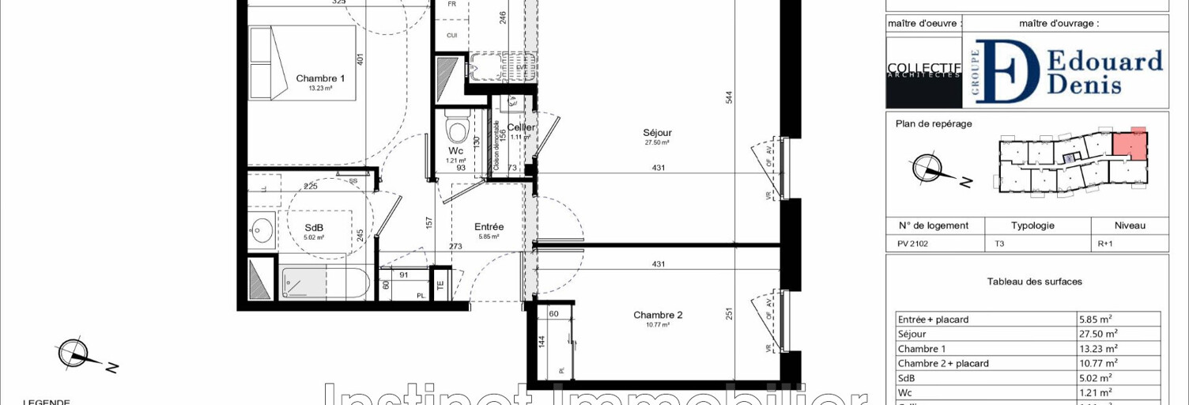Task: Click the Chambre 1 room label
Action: click(320, 78)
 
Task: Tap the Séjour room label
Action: click(657, 133)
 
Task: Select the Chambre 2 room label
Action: click(657, 315)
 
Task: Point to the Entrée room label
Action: click(489, 227)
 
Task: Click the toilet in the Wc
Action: click(456, 127)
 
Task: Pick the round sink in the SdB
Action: click(260, 231)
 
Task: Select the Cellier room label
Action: click(522, 127)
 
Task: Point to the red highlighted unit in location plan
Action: click(1130, 144)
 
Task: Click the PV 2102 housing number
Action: click(912, 244)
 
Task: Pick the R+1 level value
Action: click(1106, 244)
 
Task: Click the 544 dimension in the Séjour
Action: click(729, 97)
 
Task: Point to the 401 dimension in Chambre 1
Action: click(359, 59)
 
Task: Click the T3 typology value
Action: click(1000, 244)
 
